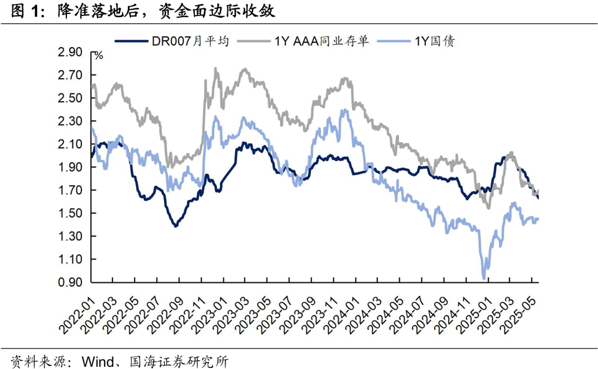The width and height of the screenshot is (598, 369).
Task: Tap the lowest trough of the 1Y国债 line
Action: pos(484,278)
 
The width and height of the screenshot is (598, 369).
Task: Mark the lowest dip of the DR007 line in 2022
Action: pos(176,225)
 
